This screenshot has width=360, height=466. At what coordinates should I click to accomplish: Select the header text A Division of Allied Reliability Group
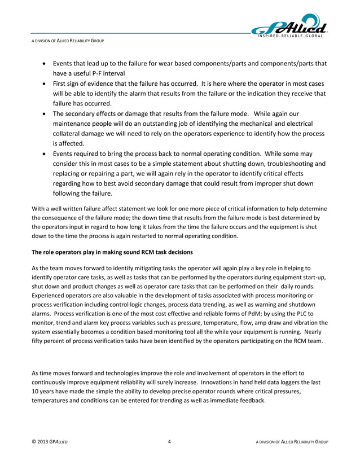(67, 42)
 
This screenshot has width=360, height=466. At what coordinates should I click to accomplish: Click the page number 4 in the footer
(170, 441)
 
